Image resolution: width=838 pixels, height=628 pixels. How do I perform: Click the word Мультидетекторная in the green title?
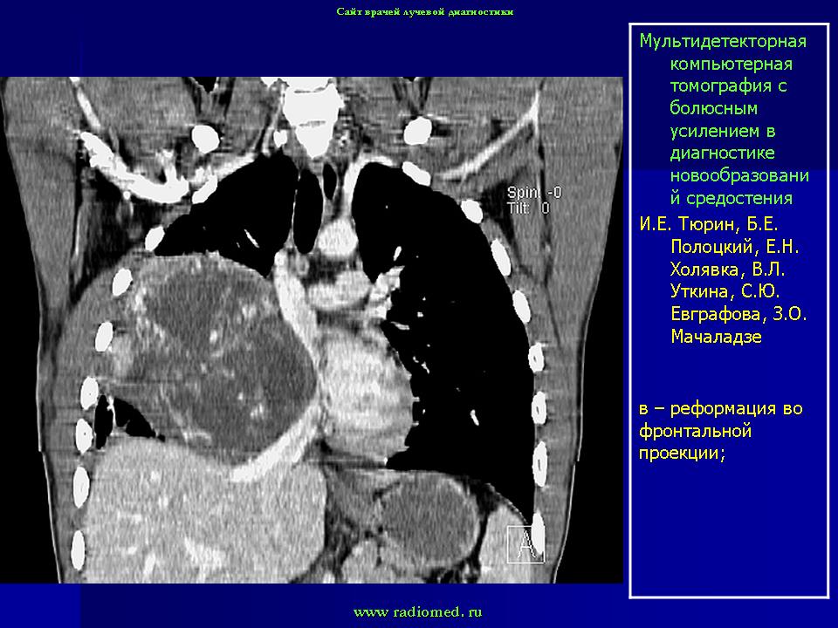click(723, 41)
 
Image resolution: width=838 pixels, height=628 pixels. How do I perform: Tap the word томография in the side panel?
click(728, 86)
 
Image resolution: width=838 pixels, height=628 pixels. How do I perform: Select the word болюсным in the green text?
click(713, 108)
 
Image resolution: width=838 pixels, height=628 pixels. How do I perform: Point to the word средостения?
click(738, 199)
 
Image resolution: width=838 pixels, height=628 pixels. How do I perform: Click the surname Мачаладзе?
click(716, 337)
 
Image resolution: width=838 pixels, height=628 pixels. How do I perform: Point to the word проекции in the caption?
click(682, 454)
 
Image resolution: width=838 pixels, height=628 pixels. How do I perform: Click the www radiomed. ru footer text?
click(418, 612)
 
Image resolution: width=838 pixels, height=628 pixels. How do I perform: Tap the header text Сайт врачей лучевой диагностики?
click(425, 11)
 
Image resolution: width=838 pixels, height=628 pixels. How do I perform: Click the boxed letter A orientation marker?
click(525, 544)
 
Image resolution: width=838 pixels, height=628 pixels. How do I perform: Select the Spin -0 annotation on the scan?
click(534, 192)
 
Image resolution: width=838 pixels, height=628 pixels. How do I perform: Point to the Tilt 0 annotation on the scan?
click(529, 208)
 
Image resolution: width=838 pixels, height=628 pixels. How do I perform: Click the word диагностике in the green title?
click(722, 154)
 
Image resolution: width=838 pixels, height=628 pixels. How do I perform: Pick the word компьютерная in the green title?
click(732, 64)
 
